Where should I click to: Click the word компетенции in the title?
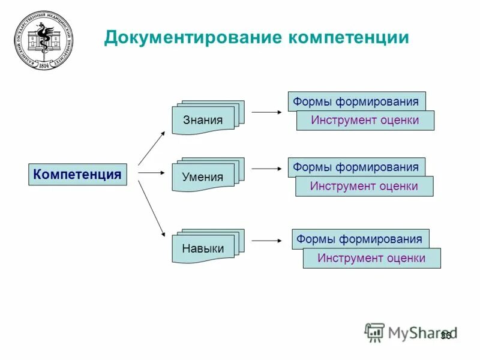pyautogui.click(x=349, y=38)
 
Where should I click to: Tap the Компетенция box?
pyautogui.click(x=78, y=175)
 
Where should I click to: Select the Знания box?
pyautogui.click(x=203, y=120)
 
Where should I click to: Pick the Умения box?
pyautogui.click(x=203, y=177)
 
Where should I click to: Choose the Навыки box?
pyautogui.click(x=203, y=248)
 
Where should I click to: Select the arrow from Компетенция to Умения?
pyautogui.click(x=151, y=173)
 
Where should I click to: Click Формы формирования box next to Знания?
pyautogui.click(x=356, y=101)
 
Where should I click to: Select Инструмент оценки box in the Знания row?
pyautogui.click(x=365, y=121)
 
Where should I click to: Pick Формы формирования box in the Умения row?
pyautogui.click(x=356, y=167)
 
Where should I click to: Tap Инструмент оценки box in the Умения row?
pyautogui.click(x=364, y=187)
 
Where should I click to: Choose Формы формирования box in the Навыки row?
pyautogui.click(x=360, y=239)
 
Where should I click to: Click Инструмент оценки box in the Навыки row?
pyautogui.click(x=371, y=259)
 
